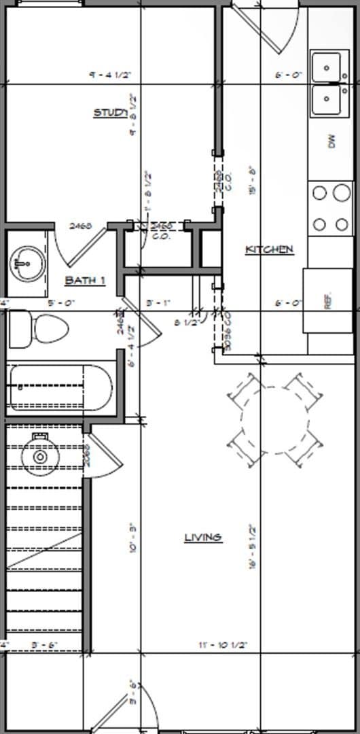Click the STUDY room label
point(109,113)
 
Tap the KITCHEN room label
point(269,249)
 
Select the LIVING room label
point(203,538)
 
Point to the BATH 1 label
point(85,280)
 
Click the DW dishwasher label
point(331,141)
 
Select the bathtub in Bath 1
point(59,388)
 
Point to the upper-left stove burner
point(320,193)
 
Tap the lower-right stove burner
point(342,224)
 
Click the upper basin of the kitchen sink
point(330,67)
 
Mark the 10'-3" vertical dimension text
point(133,537)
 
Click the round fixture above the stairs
point(40,457)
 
